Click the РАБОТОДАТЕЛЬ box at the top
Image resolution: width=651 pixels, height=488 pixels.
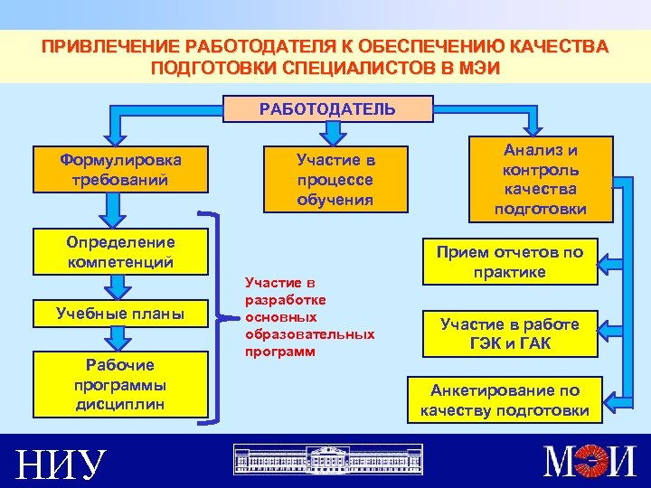pos(327,109)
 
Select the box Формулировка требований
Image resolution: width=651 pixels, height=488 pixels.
pos(120,169)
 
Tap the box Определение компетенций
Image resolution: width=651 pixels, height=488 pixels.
pos(120,252)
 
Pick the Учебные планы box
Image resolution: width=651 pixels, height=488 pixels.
pos(120,314)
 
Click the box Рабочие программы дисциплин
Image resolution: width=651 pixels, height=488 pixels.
pos(120,384)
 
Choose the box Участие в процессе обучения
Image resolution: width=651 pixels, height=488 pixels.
pos(335,179)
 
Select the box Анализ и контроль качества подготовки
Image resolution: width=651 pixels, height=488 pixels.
pos(541,179)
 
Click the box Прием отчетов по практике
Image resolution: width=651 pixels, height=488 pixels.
pos(511,262)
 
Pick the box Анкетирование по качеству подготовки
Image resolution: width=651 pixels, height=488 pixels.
pos(505,400)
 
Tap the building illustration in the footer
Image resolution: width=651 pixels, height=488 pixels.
pos(327,460)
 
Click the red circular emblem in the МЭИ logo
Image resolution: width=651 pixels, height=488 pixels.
pos(591,462)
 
